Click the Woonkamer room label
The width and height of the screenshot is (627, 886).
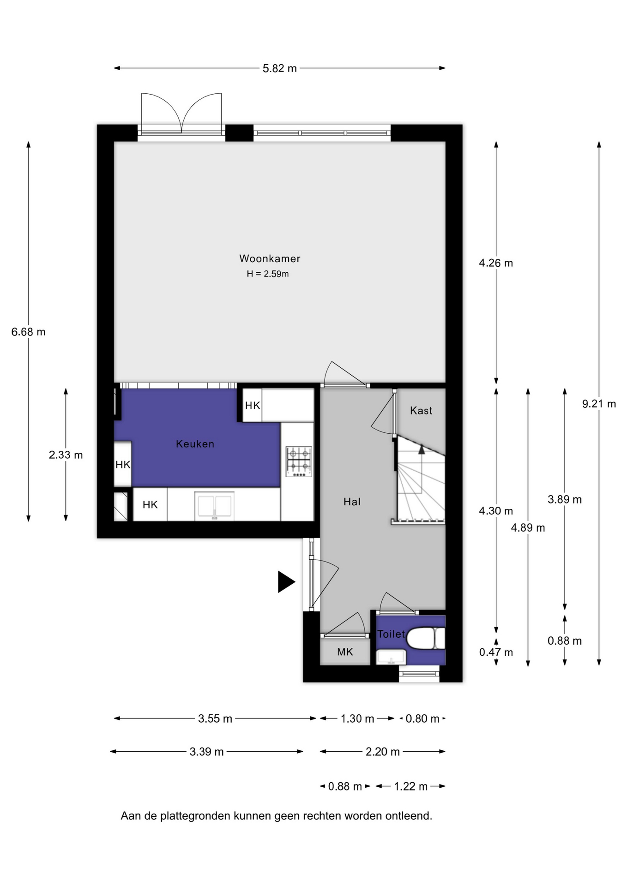(x=270, y=258)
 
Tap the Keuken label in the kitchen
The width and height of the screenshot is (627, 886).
(x=195, y=444)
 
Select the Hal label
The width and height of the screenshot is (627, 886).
(x=352, y=502)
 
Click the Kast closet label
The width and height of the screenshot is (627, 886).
(x=421, y=410)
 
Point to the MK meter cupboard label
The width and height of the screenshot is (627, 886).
(x=345, y=652)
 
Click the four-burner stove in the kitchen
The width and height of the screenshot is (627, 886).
(x=299, y=461)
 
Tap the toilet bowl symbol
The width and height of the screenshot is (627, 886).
(x=425, y=638)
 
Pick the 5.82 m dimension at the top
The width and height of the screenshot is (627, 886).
(x=280, y=68)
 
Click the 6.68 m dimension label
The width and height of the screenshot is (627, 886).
(x=29, y=332)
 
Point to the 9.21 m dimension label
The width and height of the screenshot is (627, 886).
(x=599, y=404)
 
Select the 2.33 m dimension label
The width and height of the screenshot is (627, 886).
(x=66, y=455)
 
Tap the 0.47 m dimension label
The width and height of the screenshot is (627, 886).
(x=496, y=652)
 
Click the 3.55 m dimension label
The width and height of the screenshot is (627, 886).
(x=215, y=718)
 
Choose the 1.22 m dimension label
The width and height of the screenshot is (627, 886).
(x=410, y=786)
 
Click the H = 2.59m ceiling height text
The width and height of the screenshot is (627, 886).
(x=268, y=274)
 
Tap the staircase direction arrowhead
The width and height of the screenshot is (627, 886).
(x=422, y=449)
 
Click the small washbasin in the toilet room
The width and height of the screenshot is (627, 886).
(x=392, y=656)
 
